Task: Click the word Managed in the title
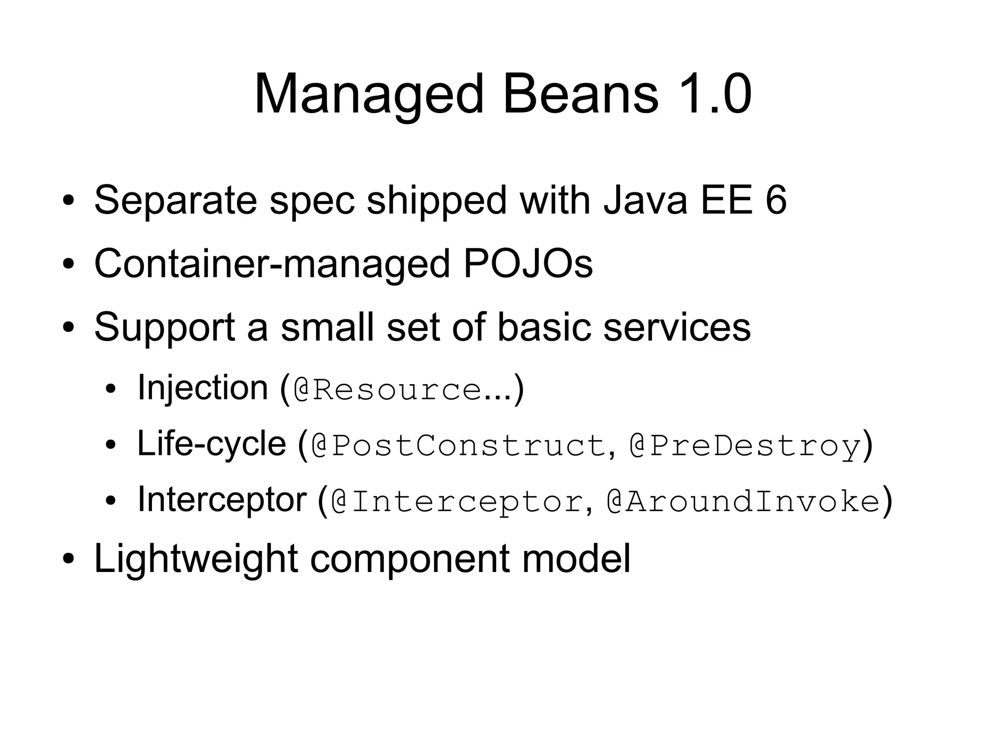point(369,94)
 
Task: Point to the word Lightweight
point(196,559)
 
